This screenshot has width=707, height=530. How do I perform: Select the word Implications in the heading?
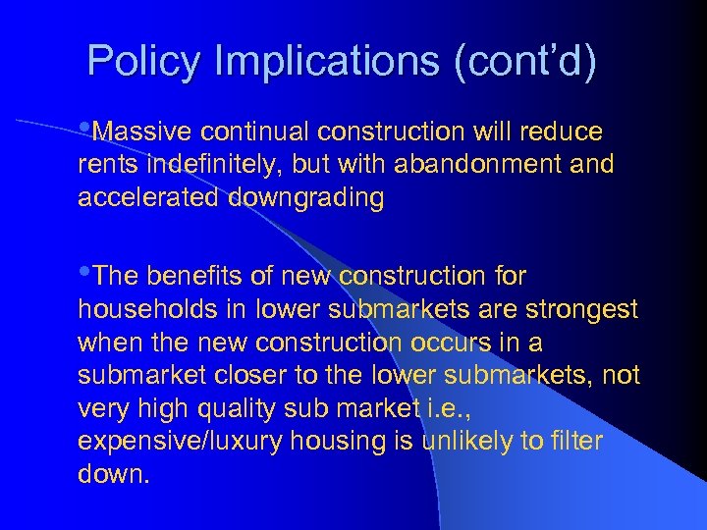coord(329,62)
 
